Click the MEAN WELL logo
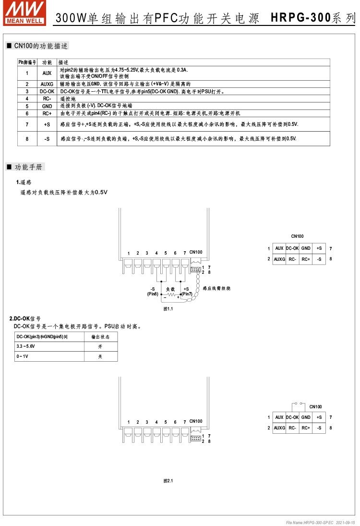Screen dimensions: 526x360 24,12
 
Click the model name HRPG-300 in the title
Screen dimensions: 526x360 301,18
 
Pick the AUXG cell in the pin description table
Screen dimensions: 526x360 47,84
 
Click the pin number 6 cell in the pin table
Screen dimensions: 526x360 27,113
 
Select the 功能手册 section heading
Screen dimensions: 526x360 29,167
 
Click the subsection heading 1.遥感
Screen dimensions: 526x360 24,183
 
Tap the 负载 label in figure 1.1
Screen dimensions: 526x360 170,289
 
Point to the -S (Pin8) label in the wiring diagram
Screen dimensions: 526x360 153,291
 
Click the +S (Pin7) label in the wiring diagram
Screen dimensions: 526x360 186,291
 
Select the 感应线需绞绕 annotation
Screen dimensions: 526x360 216,288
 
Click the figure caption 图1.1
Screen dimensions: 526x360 168,309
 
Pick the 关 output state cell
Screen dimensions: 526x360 100,356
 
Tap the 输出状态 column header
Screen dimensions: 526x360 100,337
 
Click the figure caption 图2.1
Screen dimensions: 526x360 168,481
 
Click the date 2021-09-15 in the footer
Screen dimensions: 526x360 346,522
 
